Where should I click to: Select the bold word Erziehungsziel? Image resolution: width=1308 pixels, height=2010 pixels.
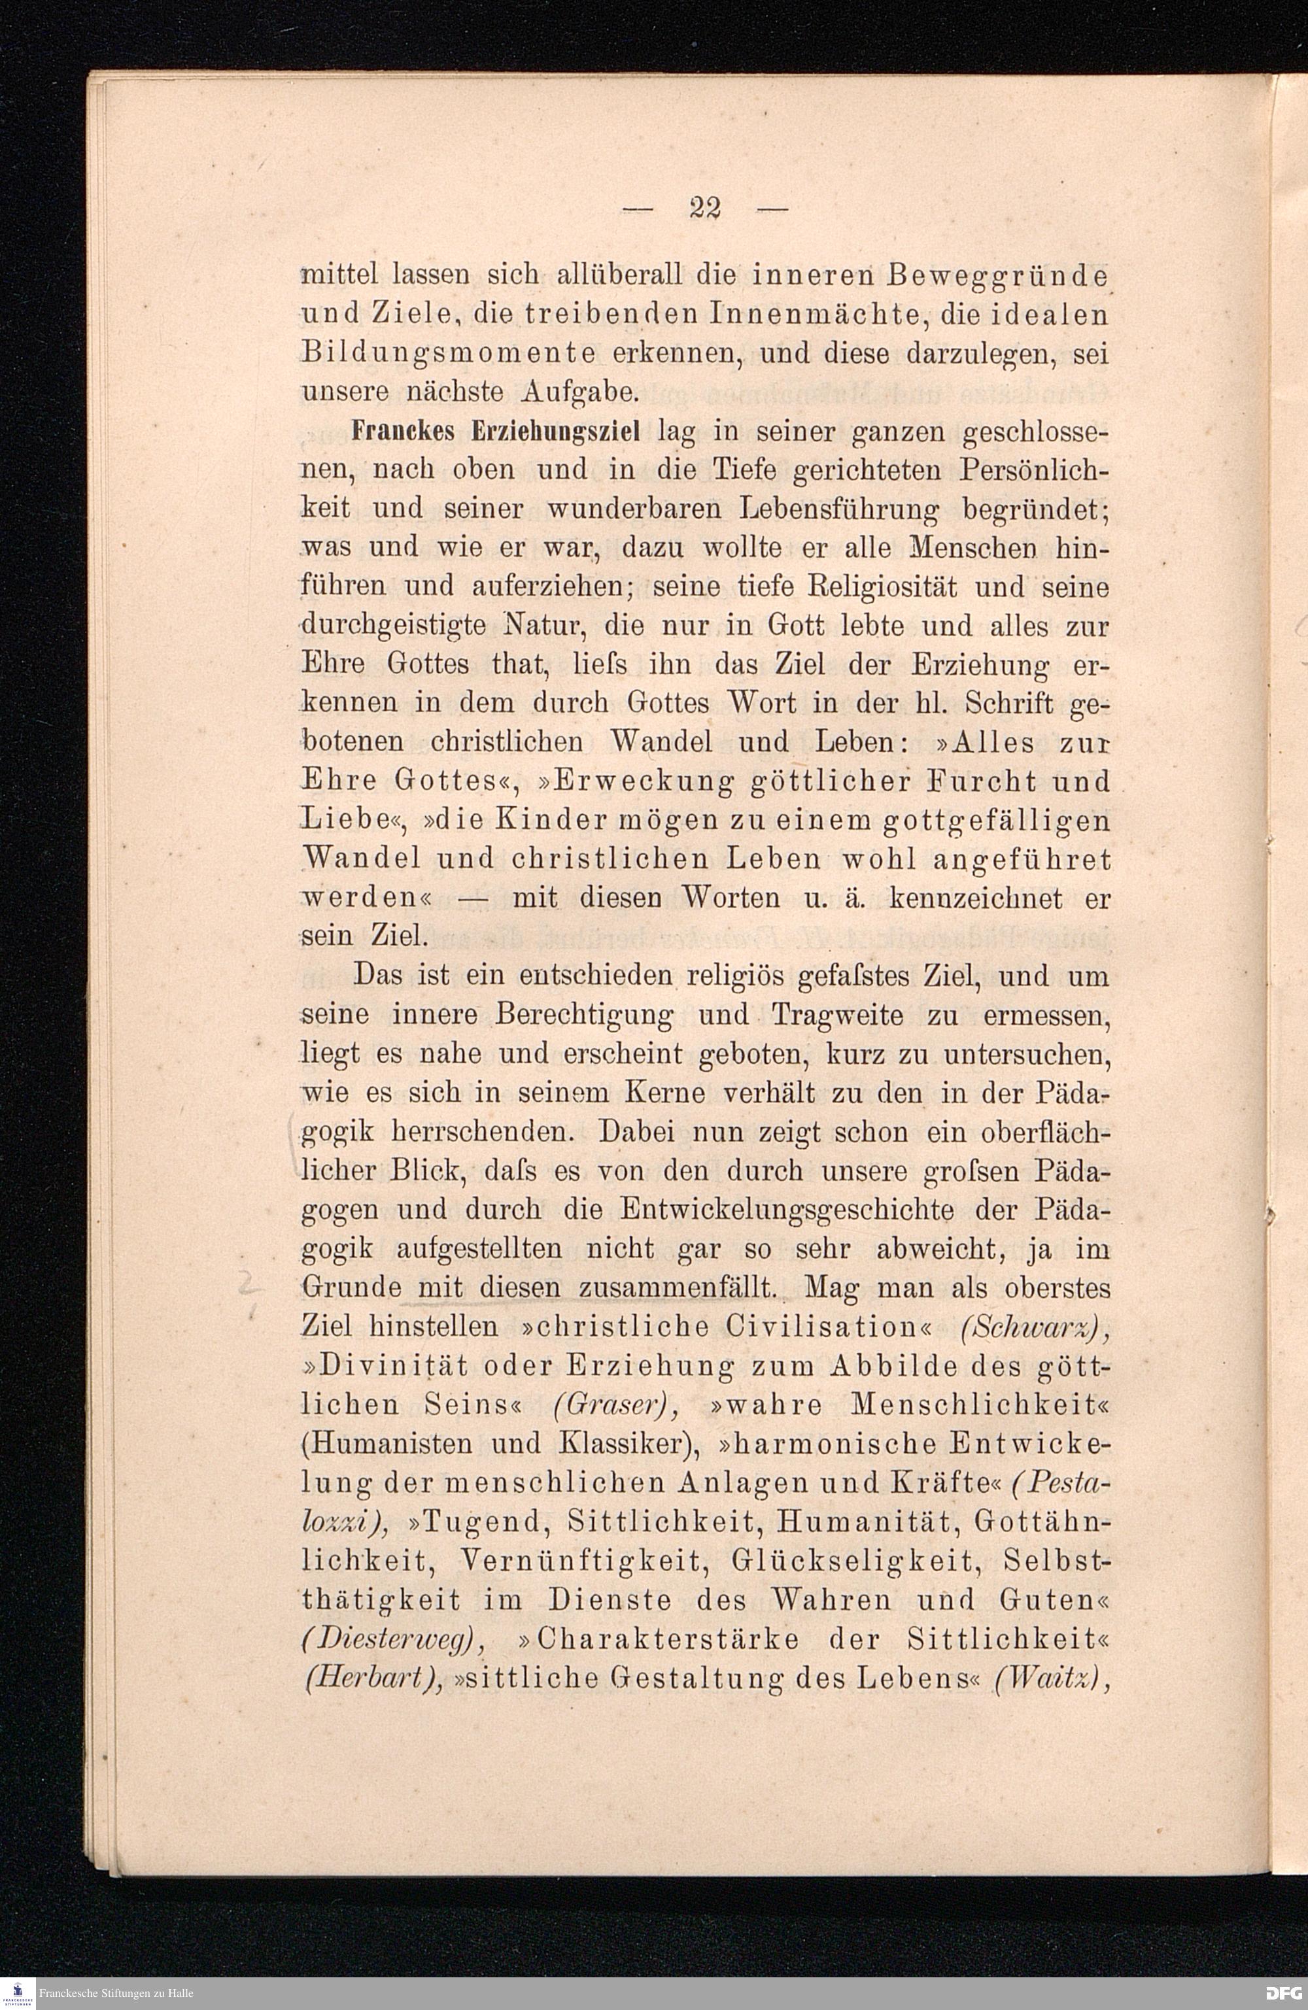559,432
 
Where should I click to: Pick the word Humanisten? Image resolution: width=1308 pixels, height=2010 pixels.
387,1444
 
